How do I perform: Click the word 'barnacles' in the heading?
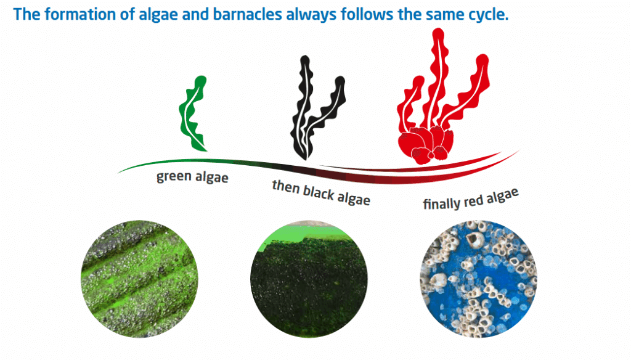pos(247,15)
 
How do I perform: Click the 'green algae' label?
pos(192,177)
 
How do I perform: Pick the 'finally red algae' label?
pos(470,199)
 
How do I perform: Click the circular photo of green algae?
pos(139,279)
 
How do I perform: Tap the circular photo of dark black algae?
pos(309,279)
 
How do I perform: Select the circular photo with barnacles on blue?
pos(478,279)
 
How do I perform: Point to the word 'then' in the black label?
pos(285,186)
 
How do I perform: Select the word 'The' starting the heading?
pos(26,15)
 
